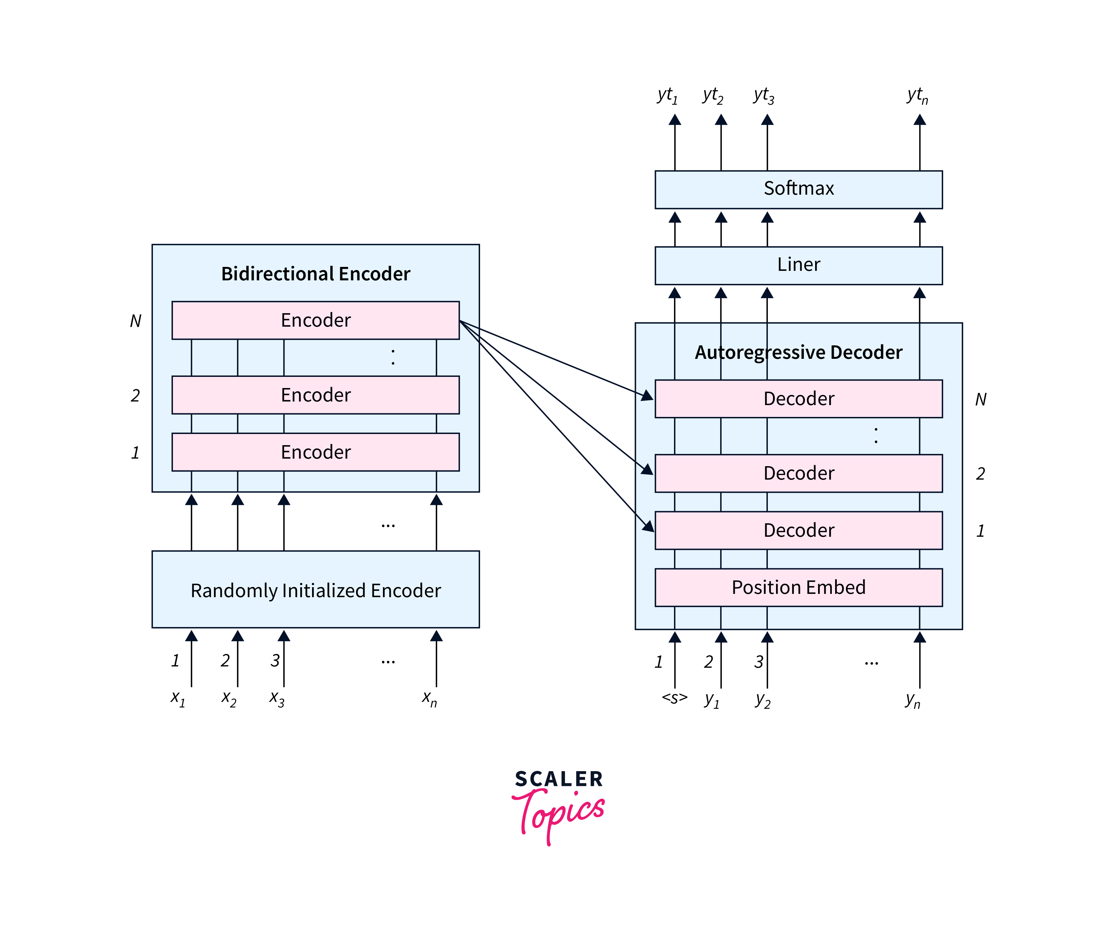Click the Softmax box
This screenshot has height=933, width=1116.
[x=798, y=189]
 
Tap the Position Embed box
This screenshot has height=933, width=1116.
[x=798, y=587]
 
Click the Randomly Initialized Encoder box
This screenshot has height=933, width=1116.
[x=316, y=590]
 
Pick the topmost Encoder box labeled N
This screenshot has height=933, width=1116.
[x=316, y=320]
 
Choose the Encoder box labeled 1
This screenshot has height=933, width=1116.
[x=316, y=452]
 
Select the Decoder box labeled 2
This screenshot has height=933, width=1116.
[x=798, y=473]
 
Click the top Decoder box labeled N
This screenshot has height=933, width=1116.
[x=798, y=399]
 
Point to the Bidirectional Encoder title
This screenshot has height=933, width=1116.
[x=316, y=274]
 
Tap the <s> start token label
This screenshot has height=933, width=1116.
[x=674, y=698]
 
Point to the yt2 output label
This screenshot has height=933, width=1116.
[x=713, y=96]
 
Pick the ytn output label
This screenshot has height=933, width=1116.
[x=917, y=96]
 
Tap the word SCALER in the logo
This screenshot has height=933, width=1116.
[x=559, y=779]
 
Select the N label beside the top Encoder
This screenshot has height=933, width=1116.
[x=136, y=321]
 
